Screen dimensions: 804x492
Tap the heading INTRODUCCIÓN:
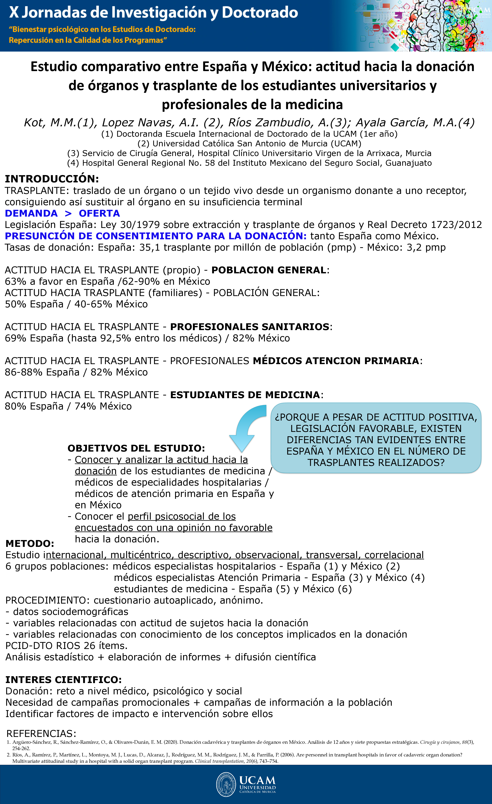[x=52, y=179]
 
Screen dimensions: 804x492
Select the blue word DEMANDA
[x=31, y=213]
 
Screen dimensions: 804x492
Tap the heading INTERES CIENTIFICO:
[x=63, y=680]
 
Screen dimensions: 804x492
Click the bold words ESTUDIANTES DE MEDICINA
[x=245, y=395]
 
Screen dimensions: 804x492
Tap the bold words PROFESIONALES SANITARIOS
[x=250, y=327]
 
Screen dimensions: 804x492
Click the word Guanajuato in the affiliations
[x=409, y=163]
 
